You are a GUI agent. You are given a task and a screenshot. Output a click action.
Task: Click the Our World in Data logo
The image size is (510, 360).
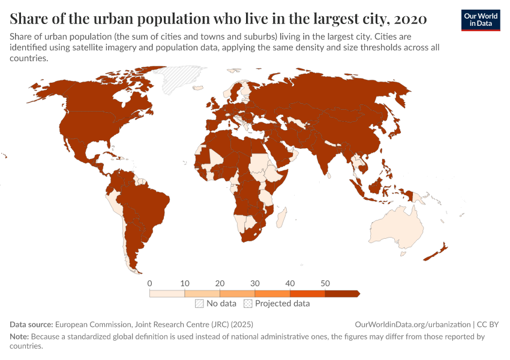click(480, 20)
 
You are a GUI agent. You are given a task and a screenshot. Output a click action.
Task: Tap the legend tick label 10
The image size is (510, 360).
click(185, 283)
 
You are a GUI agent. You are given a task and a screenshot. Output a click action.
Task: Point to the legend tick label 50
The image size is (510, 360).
click(325, 283)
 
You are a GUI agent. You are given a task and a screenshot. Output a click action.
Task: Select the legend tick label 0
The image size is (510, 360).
click(149, 283)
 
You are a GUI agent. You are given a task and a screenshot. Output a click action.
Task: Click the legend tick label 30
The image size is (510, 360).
click(255, 283)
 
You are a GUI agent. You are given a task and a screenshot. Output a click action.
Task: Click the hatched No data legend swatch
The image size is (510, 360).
click(199, 304)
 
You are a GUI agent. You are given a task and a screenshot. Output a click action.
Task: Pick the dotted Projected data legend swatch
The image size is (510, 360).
click(248, 304)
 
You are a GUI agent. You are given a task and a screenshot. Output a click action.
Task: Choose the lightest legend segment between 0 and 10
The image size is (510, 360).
click(167, 293)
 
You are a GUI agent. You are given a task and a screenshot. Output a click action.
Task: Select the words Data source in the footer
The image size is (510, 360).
click(31, 324)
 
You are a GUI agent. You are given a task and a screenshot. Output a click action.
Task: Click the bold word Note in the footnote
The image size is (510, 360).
click(20, 337)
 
